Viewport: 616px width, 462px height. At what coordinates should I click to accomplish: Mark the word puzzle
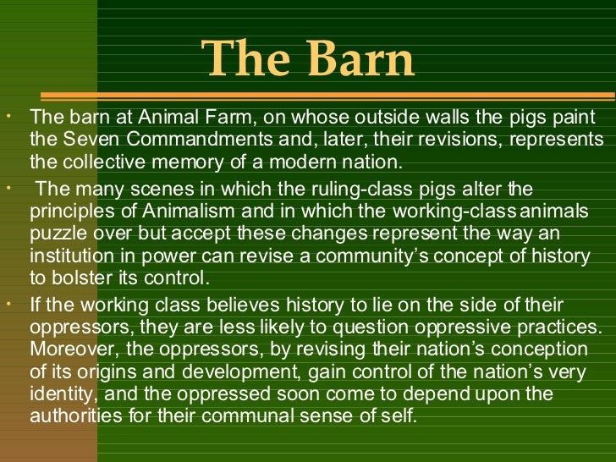[58, 233]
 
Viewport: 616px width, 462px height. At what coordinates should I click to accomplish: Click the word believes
[225, 305]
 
